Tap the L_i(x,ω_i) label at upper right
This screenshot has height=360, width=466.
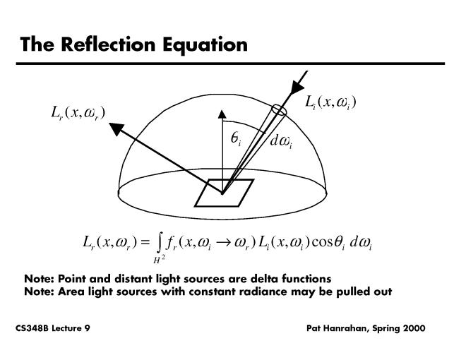(330, 103)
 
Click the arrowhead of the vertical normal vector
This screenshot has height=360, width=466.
(223, 114)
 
